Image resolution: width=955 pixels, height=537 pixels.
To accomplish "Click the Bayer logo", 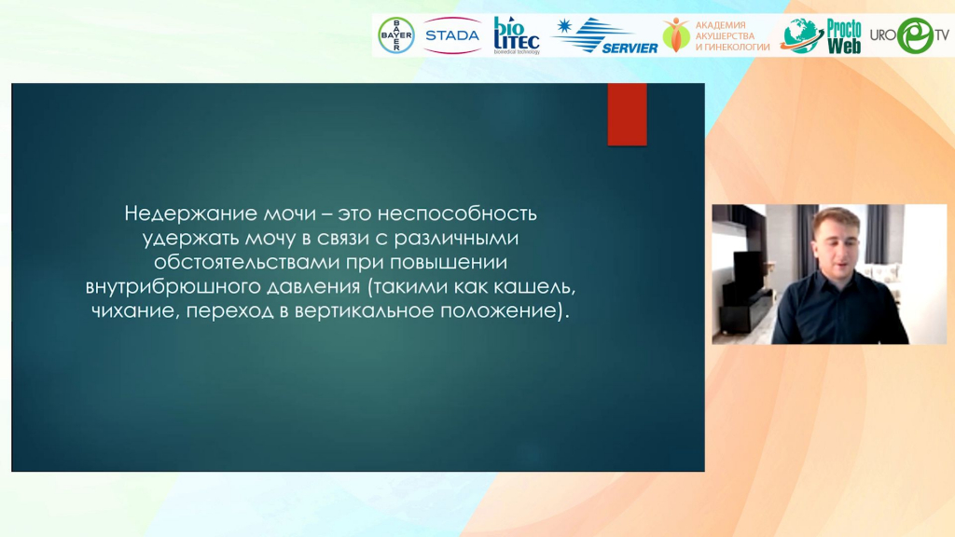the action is tap(396, 35).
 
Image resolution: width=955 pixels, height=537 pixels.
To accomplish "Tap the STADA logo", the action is tap(452, 35).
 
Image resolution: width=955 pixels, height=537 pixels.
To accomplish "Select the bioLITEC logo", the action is tap(517, 35).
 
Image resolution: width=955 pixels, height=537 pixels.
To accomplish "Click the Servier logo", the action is tap(605, 35).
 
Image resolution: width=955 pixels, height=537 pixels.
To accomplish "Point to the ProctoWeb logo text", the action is tap(843, 36).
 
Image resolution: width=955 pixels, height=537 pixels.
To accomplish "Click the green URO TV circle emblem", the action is tap(914, 35).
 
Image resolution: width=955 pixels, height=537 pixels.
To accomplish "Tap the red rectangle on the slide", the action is tap(628, 115).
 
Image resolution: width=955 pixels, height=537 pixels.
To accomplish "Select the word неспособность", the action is tap(457, 213).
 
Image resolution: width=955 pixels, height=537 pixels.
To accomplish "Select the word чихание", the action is tap(135, 311).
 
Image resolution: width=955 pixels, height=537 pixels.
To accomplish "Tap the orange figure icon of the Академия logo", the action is tap(676, 34).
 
